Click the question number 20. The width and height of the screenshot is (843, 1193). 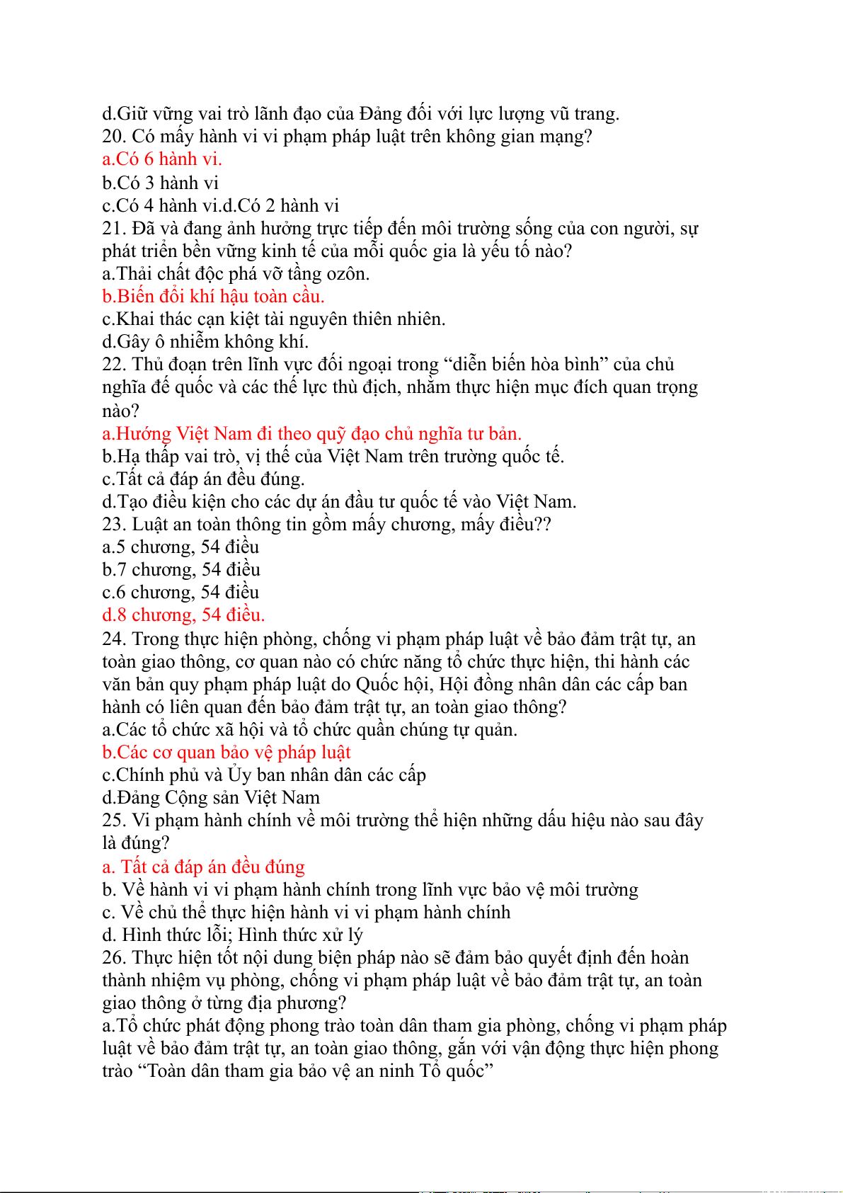(x=114, y=137)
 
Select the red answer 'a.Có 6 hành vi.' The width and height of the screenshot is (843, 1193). (x=162, y=159)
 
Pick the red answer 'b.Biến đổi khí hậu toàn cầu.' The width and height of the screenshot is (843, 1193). (x=213, y=297)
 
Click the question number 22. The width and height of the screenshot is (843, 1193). (x=114, y=365)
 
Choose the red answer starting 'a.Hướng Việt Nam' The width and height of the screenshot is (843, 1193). (x=311, y=434)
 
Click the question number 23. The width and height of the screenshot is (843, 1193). (x=114, y=525)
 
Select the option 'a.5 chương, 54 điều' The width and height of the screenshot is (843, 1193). (x=180, y=547)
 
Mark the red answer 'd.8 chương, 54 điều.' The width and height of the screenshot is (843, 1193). (x=183, y=615)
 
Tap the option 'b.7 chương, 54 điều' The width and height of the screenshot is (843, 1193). (x=181, y=570)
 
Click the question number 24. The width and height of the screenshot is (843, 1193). (x=114, y=639)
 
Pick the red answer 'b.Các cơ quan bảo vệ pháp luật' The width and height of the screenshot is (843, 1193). (x=226, y=753)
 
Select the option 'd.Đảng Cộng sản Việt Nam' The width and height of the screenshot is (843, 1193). (x=211, y=798)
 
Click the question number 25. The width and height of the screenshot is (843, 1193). (x=114, y=821)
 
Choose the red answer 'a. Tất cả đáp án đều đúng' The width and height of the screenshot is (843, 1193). (x=204, y=867)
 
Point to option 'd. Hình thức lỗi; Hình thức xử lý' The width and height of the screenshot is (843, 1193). (x=232, y=935)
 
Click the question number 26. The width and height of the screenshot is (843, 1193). (x=114, y=958)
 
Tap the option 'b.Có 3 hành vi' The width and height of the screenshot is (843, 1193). (x=161, y=183)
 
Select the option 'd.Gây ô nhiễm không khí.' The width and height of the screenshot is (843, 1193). (x=205, y=342)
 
